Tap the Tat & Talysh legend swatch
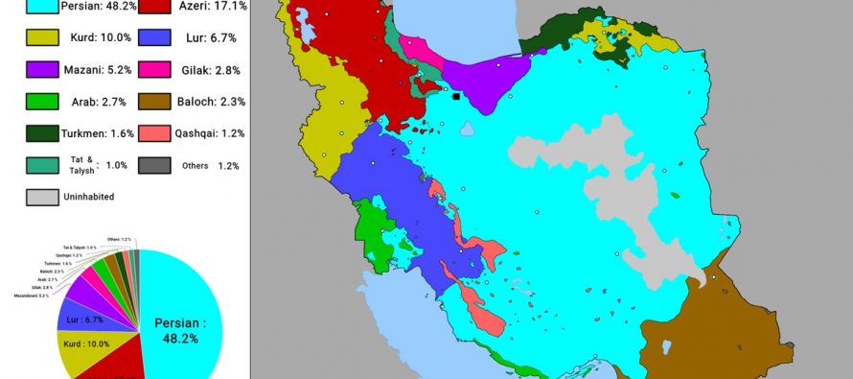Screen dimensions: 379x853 41,165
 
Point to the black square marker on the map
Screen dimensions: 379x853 456,96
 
